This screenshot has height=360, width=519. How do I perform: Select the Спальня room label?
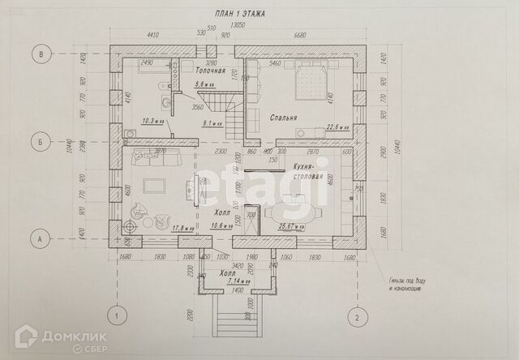[x=283, y=118]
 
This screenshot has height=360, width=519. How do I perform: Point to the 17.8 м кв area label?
[x=182, y=228]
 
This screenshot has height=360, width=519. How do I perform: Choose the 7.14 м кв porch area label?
[x=227, y=283]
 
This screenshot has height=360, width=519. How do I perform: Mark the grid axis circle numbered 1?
[x=117, y=317]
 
